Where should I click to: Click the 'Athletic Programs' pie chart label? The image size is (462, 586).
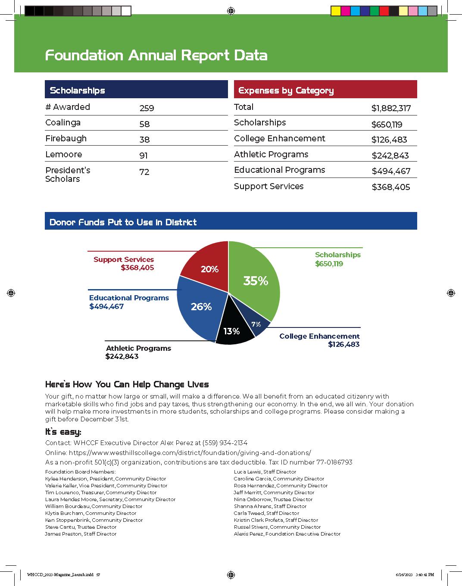tap(138, 348)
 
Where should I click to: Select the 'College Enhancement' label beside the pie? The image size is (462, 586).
tap(319, 336)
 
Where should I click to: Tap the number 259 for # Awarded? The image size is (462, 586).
tap(147, 108)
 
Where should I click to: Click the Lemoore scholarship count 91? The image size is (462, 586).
tap(144, 156)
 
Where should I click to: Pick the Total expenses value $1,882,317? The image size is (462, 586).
tap(391, 108)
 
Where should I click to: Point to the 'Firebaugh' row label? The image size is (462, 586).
tap(66, 138)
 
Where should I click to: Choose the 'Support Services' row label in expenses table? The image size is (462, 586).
tap(268, 186)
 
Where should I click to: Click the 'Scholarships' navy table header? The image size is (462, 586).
tap(78, 90)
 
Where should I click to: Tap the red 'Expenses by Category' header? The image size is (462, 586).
tap(286, 90)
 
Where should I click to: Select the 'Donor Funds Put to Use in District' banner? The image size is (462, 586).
tap(123, 222)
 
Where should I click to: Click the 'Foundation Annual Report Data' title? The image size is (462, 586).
tap(156, 55)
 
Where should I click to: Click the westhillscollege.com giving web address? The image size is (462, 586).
tap(190, 453)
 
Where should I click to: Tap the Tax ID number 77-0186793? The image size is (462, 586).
tap(334, 462)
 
